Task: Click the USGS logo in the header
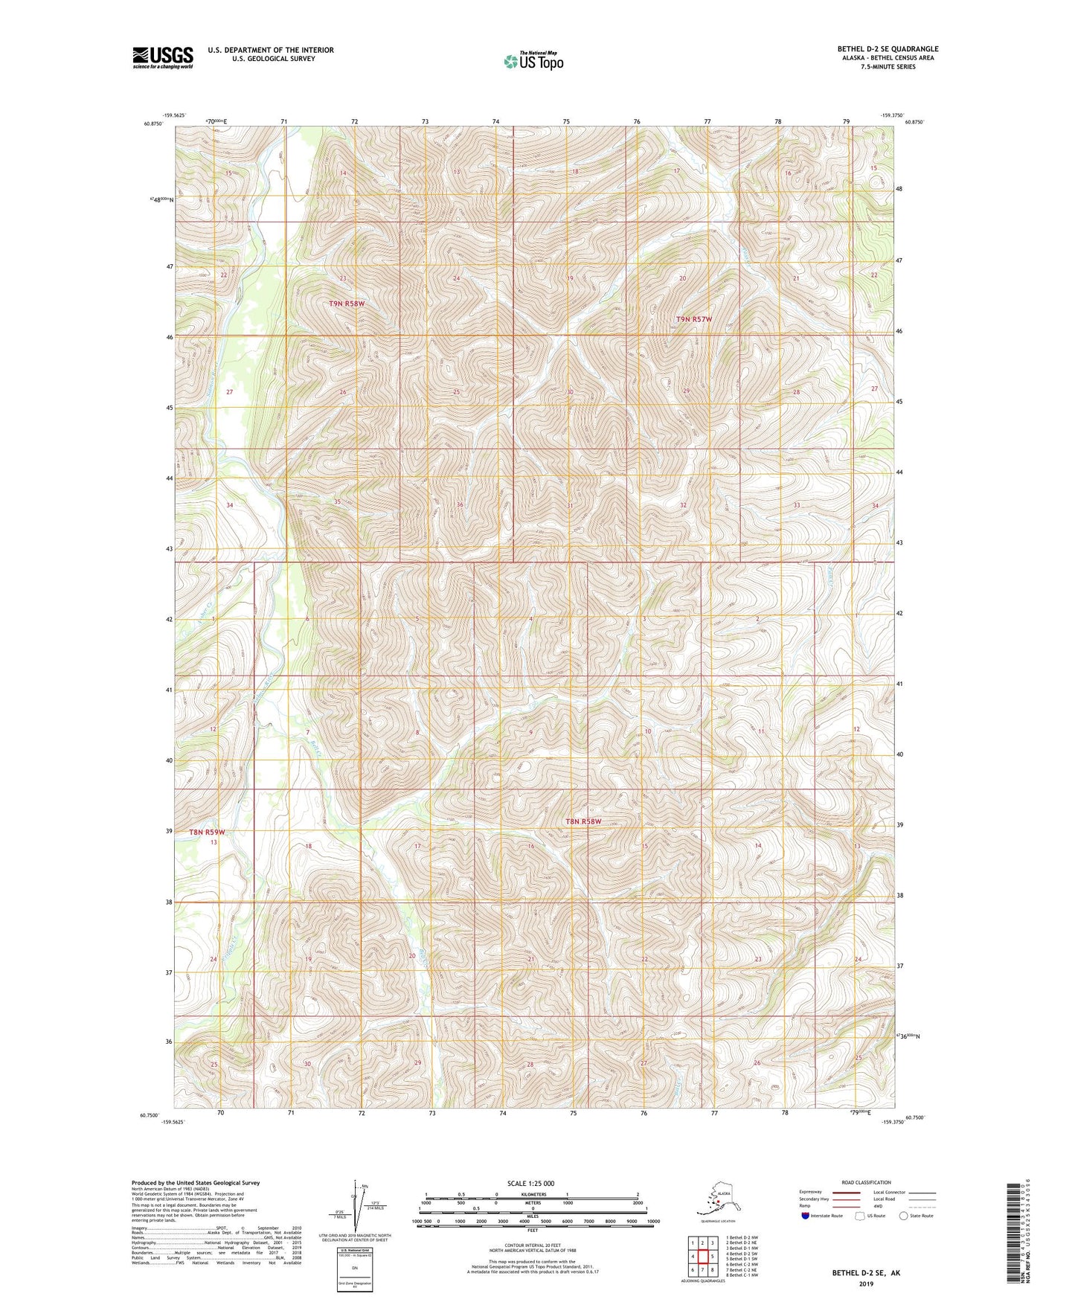pos(162,57)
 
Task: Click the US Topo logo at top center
pos(533,60)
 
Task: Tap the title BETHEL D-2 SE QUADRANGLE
pos(888,49)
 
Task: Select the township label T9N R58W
pos(347,304)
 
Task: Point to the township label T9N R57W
pos(693,319)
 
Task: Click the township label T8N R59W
pos(206,832)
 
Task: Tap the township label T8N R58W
pos(583,821)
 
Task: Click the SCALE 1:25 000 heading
pos(530,1183)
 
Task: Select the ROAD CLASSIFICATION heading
pos(866,1182)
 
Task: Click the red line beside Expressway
pos(841,1192)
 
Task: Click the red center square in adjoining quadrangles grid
pos(702,1257)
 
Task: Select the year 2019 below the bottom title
pos(866,1284)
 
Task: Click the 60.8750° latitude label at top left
pos(153,124)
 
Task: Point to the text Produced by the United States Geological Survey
pos(196,1182)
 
